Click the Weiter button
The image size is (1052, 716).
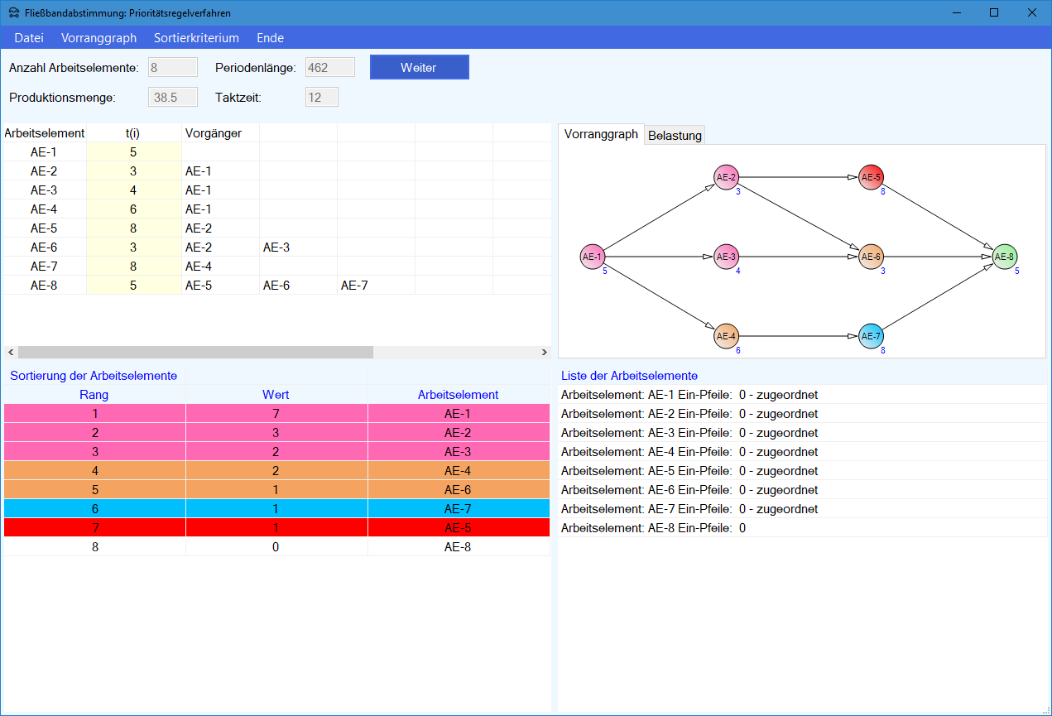[419, 67]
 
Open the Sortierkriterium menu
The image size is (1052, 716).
[196, 37]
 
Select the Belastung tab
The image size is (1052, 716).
[675, 135]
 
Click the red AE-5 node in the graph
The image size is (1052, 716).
[871, 177]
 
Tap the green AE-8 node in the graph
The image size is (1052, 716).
[1005, 257]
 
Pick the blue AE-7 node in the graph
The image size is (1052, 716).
[871, 336]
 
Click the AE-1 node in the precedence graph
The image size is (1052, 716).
[593, 257]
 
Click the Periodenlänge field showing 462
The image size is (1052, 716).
[329, 67]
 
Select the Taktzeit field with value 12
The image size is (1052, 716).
[321, 97]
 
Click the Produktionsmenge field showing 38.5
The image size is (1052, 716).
[172, 97]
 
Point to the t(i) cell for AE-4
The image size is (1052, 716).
[133, 209]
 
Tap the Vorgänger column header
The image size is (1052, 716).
[214, 133]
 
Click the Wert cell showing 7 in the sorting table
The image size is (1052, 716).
[276, 413]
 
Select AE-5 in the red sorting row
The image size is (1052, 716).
[458, 527]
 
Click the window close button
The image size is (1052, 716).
[1032, 12]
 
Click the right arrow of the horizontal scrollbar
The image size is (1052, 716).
[545, 352]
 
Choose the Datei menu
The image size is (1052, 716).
[29, 37]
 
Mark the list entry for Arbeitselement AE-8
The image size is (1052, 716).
[653, 527]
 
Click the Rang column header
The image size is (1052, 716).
[94, 395]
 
